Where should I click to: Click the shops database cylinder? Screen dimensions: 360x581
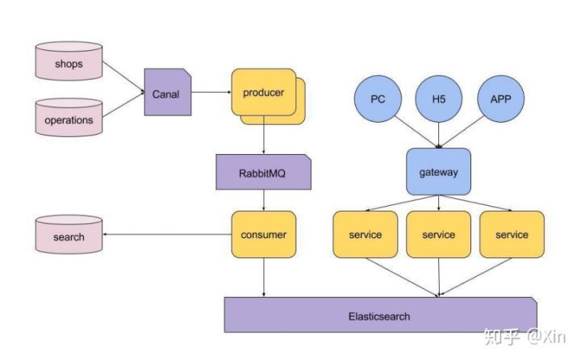pos(69,64)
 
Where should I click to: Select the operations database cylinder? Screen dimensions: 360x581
pos(69,119)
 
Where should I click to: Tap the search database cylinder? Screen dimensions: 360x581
pos(69,236)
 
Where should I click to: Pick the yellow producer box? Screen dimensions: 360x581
pos(263,93)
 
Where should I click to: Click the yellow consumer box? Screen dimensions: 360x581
pos(263,235)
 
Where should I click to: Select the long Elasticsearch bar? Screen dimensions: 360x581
pos(379,316)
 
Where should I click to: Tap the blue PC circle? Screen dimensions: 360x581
pos(377,99)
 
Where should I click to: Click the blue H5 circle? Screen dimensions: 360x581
pos(438,99)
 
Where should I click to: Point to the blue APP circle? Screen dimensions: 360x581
pos(500,99)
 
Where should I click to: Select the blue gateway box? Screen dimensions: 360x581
pos(438,172)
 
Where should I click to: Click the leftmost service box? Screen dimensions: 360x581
pos(365,235)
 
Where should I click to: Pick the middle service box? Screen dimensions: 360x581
pos(438,235)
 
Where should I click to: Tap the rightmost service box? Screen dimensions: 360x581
pos(512,235)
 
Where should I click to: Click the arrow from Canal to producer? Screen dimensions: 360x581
pos(211,93)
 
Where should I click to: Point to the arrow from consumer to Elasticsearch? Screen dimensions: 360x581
pos(264,278)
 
